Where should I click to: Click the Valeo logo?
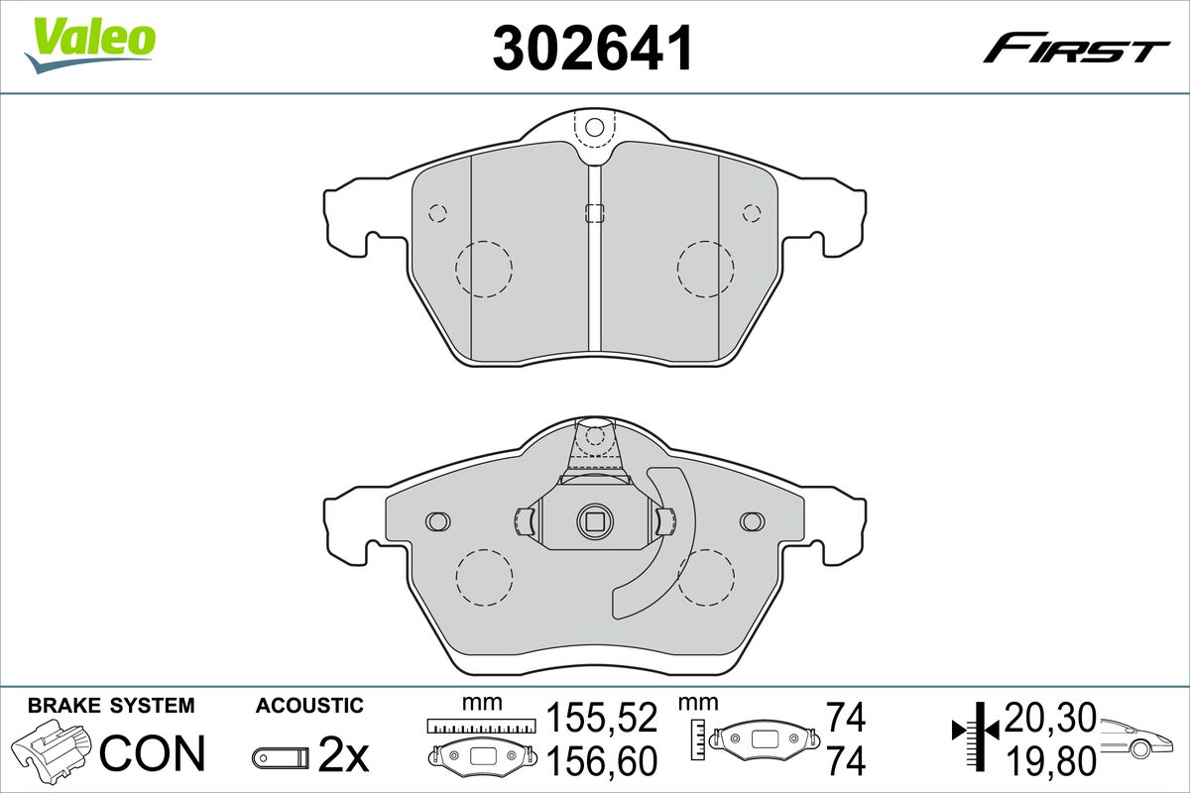coord(90,45)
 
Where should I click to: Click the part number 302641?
coord(593,48)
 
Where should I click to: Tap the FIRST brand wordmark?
coord(1076,55)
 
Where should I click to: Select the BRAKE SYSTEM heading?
coord(111,706)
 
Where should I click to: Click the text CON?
coord(153,753)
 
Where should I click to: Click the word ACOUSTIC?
coord(309,706)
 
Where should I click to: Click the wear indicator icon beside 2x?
coord(281,757)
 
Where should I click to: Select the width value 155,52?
coord(602,719)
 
